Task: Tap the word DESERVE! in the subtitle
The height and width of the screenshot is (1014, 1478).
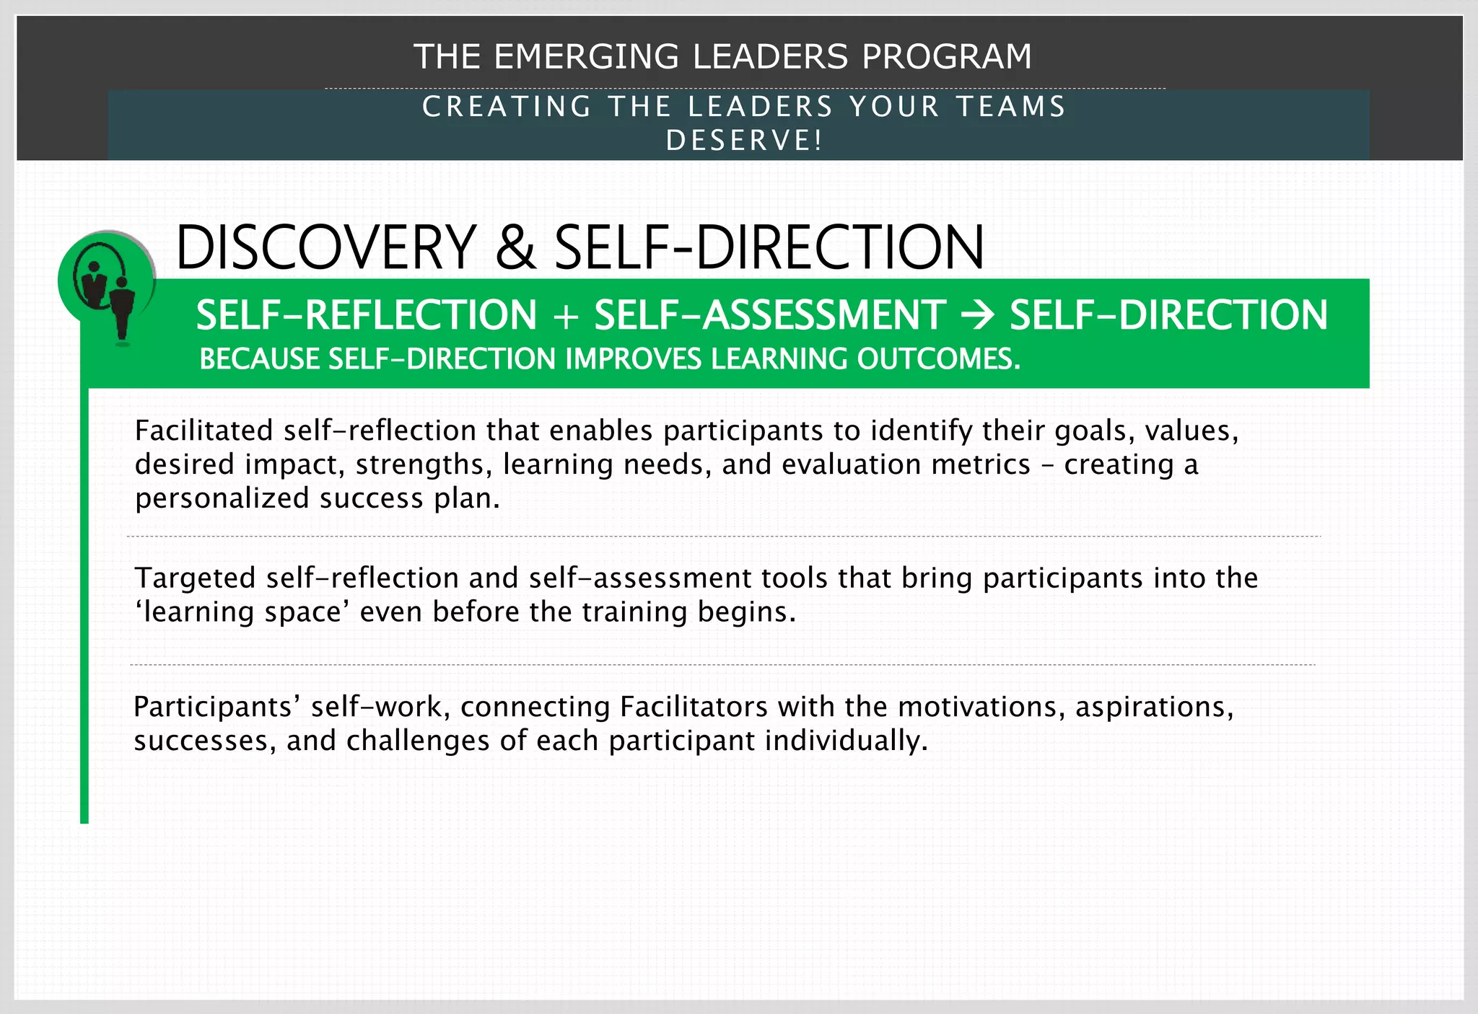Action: tap(744, 141)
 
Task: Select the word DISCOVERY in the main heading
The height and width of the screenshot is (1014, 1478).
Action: tap(326, 247)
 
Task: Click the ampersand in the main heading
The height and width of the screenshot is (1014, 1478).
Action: tap(515, 247)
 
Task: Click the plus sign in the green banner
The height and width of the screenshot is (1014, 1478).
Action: tap(566, 316)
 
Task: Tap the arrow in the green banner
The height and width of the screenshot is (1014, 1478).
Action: tap(978, 316)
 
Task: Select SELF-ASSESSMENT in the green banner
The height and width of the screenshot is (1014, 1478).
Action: tap(770, 316)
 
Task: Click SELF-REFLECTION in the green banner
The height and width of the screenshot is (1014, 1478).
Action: tap(367, 316)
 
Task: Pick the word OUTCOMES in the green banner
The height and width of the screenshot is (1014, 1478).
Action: tap(938, 359)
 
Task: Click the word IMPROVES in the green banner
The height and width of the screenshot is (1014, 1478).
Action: tap(633, 359)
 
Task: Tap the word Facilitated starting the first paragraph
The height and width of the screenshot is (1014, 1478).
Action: tap(204, 431)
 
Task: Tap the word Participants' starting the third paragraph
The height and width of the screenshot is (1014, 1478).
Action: tap(217, 707)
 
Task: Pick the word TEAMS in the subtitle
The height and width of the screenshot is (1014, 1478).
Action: tap(1011, 107)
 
